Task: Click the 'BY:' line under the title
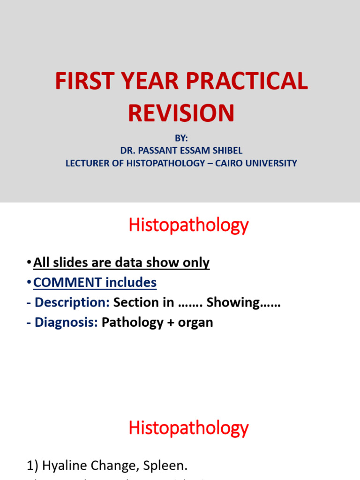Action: (x=180, y=139)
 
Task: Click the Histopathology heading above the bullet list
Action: (x=188, y=226)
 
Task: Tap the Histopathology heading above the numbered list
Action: (x=188, y=428)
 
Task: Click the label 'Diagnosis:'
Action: (x=67, y=323)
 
